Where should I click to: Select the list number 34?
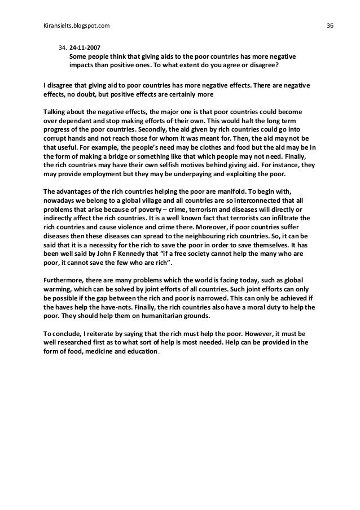(x=62, y=47)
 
